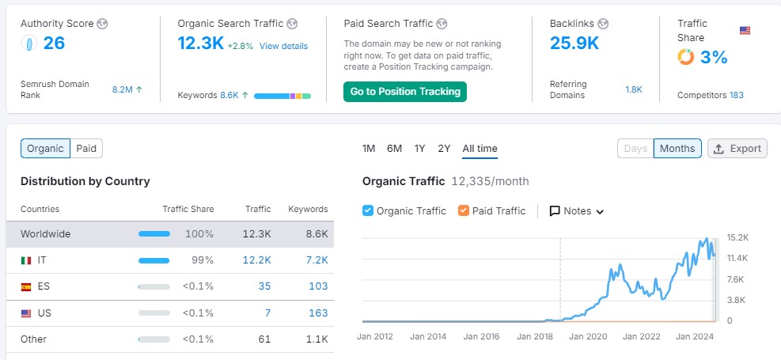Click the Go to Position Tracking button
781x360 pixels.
pos(405,92)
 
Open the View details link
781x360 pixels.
pos(283,47)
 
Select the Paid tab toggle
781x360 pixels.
pos(86,149)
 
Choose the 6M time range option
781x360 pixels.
pos(394,149)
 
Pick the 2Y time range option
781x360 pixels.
pos(444,149)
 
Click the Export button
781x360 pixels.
pos(737,149)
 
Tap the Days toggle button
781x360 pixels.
pos(635,149)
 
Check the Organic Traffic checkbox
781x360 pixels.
pos(368,210)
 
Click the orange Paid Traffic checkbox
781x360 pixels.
pos(463,210)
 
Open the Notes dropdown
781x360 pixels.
pos(576,211)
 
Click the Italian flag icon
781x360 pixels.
pos(26,260)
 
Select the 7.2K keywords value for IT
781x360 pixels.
pos(318,260)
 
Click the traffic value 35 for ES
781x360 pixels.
pos(264,286)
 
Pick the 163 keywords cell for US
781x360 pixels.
pos(318,313)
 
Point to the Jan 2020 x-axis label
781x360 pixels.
pos(588,336)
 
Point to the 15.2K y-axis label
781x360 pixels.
pos(737,237)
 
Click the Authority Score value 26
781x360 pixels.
pos(54,44)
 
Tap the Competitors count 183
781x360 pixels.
pos(736,95)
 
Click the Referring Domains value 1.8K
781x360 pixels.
pos(634,89)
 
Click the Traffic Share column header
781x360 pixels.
pos(188,209)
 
